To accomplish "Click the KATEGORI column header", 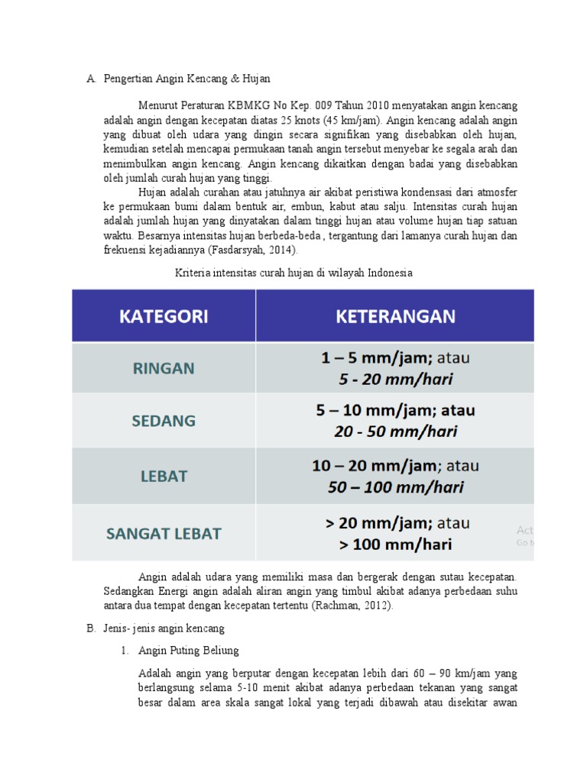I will click(x=164, y=316).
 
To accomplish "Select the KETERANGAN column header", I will click(x=395, y=316).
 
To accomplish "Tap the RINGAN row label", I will click(x=164, y=368).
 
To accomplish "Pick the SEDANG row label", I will click(x=164, y=421).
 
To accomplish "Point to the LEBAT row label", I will click(x=164, y=476).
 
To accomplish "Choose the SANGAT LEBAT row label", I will click(x=164, y=534).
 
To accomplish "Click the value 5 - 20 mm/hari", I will click(x=395, y=378).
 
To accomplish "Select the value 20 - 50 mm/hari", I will click(x=395, y=431).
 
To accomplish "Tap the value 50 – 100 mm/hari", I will click(x=395, y=486).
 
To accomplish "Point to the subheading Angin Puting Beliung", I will click(x=189, y=651).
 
